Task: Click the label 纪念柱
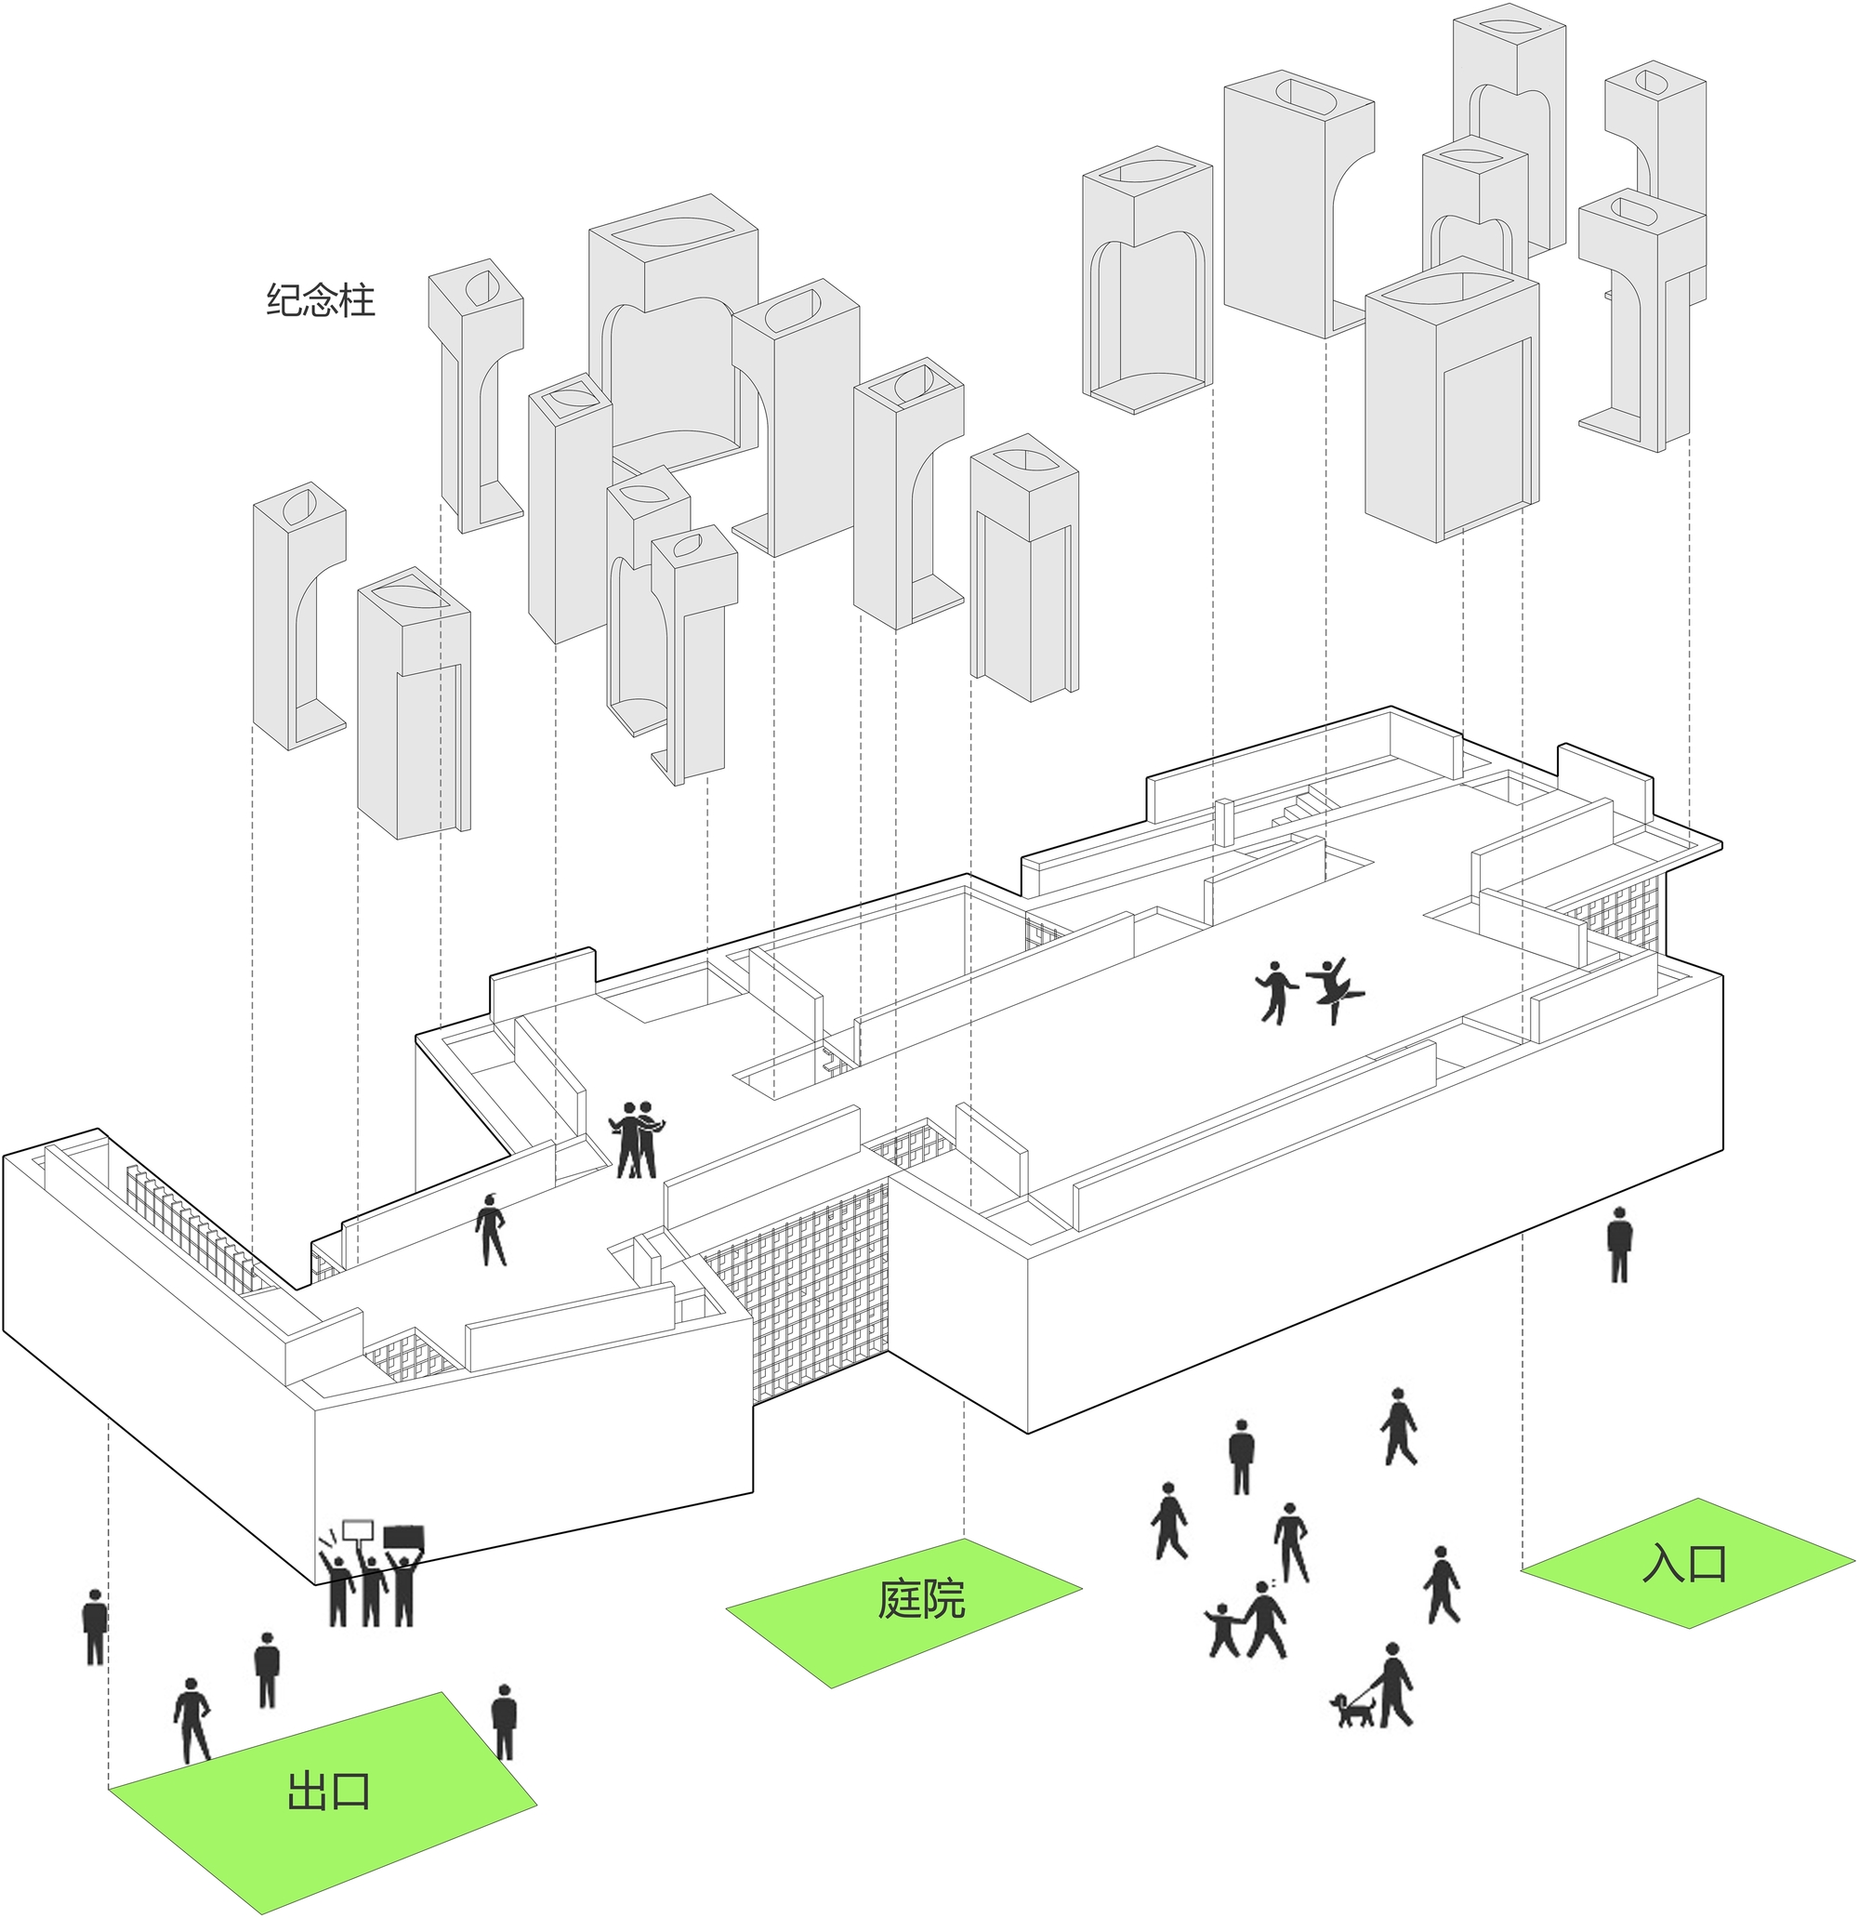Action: (321, 299)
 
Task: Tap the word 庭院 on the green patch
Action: (921, 1599)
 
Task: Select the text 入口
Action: (1684, 1563)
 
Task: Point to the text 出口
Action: (329, 1790)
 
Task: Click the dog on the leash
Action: (1353, 1710)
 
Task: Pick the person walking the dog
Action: (1394, 1684)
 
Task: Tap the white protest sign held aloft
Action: (358, 1529)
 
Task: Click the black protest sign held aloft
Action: (404, 1538)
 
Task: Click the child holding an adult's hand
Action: (1223, 1629)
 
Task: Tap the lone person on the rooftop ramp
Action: (490, 1229)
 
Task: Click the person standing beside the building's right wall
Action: (1619, 1245)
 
